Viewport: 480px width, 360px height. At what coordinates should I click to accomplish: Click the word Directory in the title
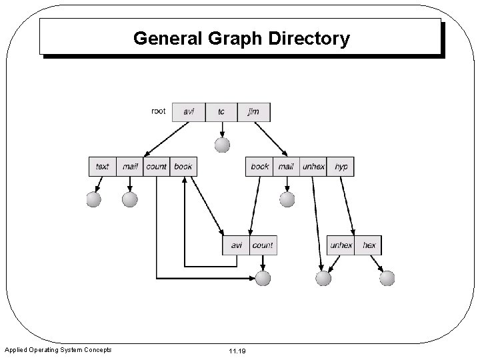309,39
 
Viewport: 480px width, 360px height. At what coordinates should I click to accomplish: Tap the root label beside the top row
159,111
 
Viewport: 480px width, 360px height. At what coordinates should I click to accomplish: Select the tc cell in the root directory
221,112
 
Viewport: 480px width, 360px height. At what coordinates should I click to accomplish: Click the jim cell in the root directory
253,112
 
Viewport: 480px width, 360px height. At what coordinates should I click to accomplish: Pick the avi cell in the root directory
189,112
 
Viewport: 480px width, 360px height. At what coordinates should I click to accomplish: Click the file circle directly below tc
222,145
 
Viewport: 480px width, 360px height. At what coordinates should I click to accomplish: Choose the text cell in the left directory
103,166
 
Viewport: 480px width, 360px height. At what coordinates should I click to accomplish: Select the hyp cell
341,166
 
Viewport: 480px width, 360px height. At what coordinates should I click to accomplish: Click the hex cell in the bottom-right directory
369,245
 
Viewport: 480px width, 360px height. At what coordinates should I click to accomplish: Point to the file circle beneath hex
387,278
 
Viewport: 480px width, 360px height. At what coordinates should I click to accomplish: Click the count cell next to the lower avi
263,245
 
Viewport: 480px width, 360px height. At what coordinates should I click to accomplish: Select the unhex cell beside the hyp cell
313,166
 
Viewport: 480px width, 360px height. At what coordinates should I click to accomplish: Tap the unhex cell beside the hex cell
341,245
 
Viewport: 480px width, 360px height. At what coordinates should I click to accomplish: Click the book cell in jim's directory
260,166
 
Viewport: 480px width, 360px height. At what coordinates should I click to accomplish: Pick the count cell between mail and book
156,166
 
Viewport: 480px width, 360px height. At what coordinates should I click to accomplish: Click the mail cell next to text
131,166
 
